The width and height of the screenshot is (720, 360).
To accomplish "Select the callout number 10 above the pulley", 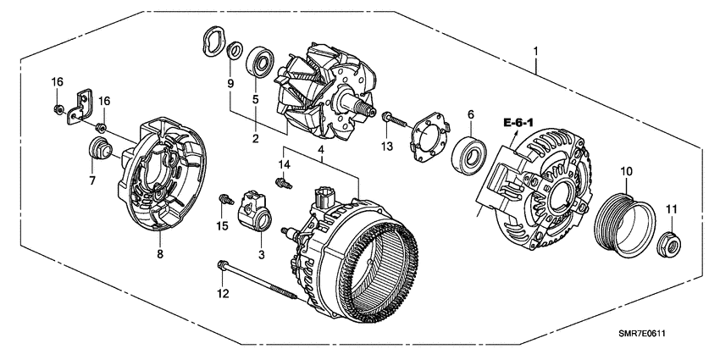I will click(626, 172).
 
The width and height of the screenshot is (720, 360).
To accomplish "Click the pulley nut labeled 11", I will click(672, 245).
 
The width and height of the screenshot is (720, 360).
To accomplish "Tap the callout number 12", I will click(222, 294).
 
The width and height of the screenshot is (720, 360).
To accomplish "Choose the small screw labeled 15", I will click(225, 200).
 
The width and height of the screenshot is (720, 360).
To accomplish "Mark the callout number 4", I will click(321, 151).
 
